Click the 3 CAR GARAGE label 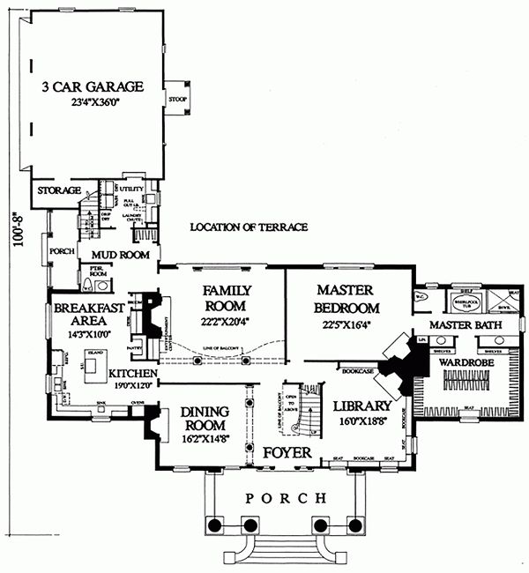tap(92, 87)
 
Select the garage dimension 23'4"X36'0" tap(92, 102)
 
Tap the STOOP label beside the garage tap(177, 99)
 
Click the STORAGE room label tap(58, 190)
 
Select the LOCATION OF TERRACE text tap(249, 227)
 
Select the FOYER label tap(287, 452)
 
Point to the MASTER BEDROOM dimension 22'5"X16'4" tap(346, 324)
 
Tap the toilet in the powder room tap(87, 286)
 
